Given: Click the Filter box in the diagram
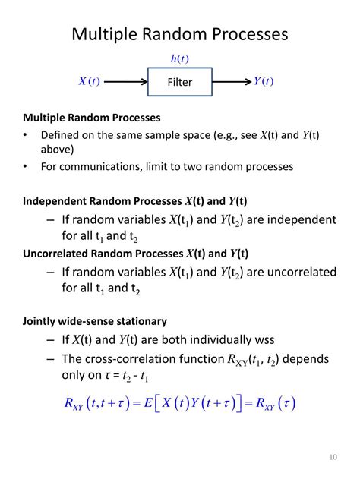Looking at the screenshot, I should coord(180,82).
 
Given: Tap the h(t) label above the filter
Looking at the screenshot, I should coord(180,59).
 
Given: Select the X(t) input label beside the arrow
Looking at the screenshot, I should coord(89,81).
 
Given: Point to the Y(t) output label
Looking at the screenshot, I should coord(264,81).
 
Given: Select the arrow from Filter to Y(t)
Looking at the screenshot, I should coord(231,81).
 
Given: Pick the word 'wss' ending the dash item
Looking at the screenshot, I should coord(263,339).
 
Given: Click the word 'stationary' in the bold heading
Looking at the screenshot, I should coord(133,321).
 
